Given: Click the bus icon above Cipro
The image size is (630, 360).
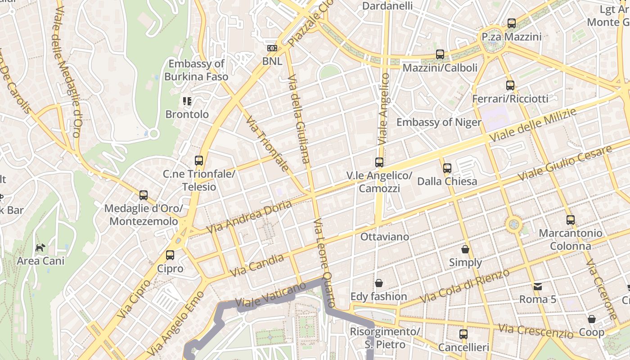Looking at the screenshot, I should (x=170, y=255).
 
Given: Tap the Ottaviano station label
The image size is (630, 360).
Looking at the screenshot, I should (x=385, y=237).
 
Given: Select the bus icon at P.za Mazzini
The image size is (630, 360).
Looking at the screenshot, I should (x=512, y=23).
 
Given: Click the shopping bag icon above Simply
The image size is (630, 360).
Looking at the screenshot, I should (x=465, y=249).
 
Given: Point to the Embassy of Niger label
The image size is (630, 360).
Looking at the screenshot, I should (x=439, y=122).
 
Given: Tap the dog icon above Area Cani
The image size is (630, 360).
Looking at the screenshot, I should (x=40, y=247).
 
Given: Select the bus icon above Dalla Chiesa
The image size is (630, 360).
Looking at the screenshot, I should (x=447, y=168).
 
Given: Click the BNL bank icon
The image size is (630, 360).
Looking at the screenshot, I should (x=272, y=48).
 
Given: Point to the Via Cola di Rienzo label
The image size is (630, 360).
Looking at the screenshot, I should (x=464, y=286).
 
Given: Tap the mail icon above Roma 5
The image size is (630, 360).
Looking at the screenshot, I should (x=537, y=286).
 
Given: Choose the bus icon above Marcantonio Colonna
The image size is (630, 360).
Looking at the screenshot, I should (x=571, y=220).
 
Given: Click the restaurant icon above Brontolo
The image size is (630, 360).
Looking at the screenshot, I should (x=187, y=101).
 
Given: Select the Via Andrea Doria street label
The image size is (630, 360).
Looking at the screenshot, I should (x=248, y=217).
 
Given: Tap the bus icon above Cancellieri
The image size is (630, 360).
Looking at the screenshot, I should (x=463, y=334).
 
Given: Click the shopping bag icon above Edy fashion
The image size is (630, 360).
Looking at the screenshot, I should (x=379, y=283).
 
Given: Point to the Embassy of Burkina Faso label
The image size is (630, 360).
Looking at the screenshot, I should (x=196, y=70).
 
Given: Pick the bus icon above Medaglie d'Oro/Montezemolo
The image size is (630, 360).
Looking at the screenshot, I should (x=144, y=195).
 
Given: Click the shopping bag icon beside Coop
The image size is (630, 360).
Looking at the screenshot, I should (x=592, y=319).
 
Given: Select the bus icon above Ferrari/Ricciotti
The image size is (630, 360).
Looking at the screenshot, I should (x=510, y=85).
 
